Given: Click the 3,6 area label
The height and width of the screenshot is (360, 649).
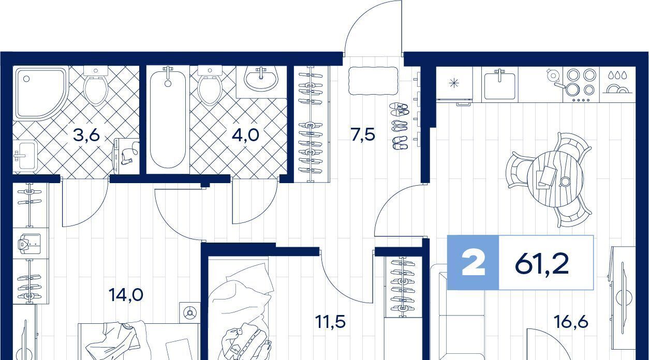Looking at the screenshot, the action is click(86, 135).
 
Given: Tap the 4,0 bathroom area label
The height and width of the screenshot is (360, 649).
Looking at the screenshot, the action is click(245, 134).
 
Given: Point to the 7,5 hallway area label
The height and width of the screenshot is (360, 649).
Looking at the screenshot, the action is click(363, 134).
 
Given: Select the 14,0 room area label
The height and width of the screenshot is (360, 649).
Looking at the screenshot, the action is click(126, 295).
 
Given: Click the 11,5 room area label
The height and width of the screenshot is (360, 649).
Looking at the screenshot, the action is click(330, 322).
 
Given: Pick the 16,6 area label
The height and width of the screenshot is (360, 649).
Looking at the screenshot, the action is click(571, 322).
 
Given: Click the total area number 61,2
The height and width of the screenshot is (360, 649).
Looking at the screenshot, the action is click(542, 263).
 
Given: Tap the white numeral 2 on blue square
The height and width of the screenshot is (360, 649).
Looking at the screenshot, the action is click(474, 263).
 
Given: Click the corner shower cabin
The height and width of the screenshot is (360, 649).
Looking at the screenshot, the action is click(41, 93).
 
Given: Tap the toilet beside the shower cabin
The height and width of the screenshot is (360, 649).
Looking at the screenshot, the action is click(96, 86).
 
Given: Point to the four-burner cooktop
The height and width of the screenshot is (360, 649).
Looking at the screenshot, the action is click(581, 84).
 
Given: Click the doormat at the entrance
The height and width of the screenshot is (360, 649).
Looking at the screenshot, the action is click(373, 81).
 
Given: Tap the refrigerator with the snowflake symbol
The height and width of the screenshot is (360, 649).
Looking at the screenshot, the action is click(454, 84).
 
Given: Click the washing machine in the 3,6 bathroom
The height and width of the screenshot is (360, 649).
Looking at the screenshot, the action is click(127, 156).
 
